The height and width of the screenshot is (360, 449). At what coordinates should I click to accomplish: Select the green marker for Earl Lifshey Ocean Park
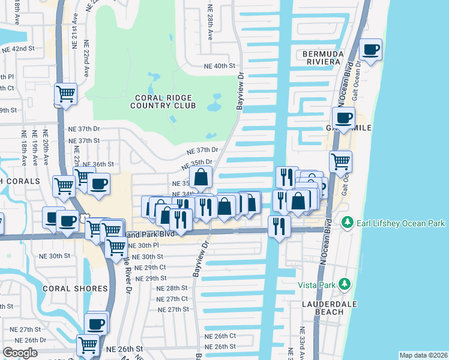346,223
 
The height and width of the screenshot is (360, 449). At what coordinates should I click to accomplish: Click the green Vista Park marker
343,284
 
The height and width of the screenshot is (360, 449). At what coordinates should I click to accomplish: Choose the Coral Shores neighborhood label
75,289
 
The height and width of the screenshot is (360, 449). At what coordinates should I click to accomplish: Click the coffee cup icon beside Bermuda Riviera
371,49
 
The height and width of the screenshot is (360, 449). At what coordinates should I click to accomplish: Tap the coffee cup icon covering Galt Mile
344,118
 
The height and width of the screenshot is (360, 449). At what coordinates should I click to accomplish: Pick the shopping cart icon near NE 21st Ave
65,94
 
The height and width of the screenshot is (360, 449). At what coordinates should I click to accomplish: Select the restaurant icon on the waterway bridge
279,226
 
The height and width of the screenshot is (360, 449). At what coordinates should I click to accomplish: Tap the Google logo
20,353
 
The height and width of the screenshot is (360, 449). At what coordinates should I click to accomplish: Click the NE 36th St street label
98,164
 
